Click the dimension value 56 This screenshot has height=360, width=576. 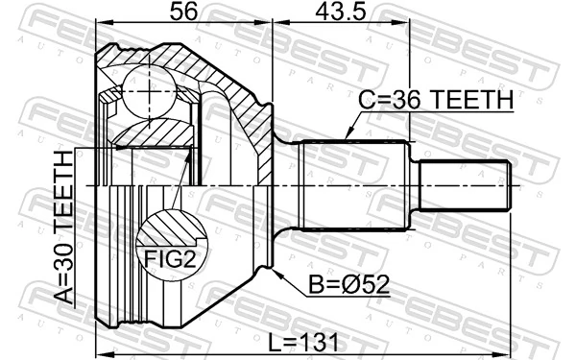(184, 14)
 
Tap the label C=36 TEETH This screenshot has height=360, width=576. (436, 99)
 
